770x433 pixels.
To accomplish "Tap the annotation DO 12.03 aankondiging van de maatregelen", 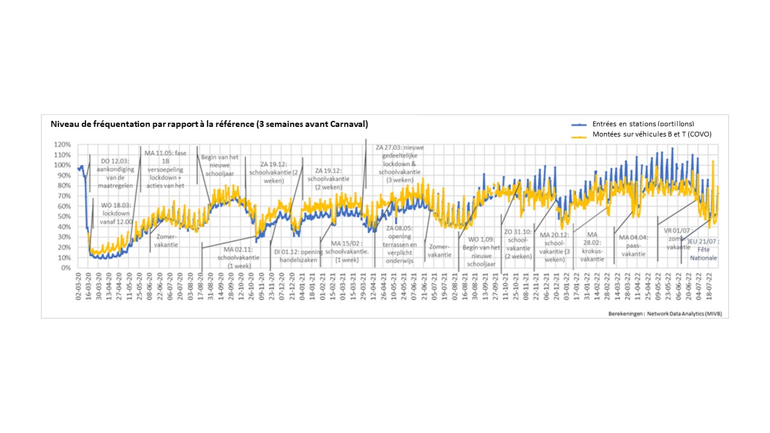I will click(x=112, y=169).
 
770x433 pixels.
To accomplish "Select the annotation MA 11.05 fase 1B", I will click(x=165, y=169).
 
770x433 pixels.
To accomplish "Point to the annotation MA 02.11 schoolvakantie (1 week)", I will click(x=239, y=257).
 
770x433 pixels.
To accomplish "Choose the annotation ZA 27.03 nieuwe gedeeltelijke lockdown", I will click(x=400, y=163).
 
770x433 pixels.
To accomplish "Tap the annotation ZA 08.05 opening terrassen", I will click(x=402, y=245).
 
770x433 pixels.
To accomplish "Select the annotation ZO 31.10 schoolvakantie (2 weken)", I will click(x=517, y=244).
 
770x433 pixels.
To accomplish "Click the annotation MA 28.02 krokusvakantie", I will click(x=593, y=247).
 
